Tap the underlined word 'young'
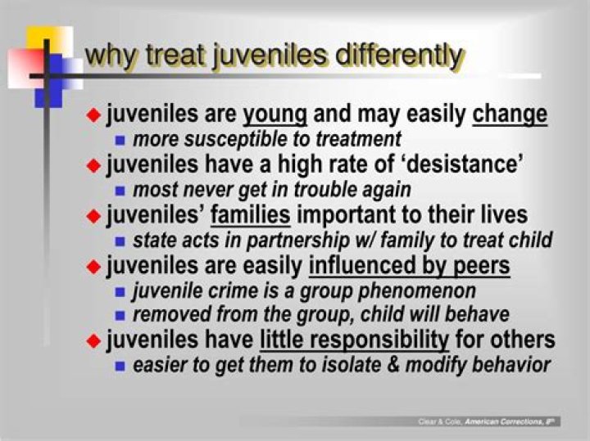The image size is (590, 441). point(275,115)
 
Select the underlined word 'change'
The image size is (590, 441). point(510,115)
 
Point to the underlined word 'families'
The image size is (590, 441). point(251,215)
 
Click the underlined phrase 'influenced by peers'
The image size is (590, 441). point(409,266)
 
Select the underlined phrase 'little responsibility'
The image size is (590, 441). point(354,340)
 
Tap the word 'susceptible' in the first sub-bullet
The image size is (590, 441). point(229,139)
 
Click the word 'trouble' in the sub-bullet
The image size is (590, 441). point(315,190)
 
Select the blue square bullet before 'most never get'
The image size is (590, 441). point(120,191)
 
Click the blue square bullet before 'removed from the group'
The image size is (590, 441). point(120,316)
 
